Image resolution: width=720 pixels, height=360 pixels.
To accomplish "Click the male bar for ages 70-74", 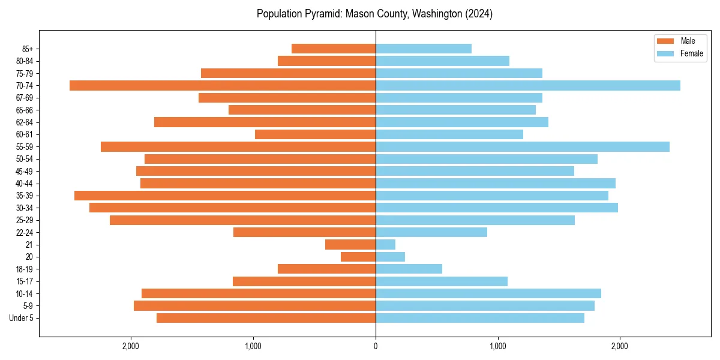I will tap(222, 85).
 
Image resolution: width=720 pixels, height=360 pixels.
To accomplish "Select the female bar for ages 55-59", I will tap(522, 146).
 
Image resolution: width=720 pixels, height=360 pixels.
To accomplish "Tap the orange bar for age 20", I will tap(358, 257).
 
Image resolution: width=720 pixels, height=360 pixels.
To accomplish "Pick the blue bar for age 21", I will tap(385, 244).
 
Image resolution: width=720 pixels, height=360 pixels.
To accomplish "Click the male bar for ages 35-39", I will tap(225, 196).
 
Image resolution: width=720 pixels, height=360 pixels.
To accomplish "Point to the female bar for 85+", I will tap(423, 49).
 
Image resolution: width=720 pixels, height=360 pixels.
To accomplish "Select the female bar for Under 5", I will tap(480, 318).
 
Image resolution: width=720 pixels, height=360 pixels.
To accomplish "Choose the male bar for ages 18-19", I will tap(326, 269).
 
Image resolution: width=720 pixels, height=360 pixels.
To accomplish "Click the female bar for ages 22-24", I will tap(431, 232).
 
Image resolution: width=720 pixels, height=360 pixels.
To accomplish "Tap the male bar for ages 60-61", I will tap(315, 134).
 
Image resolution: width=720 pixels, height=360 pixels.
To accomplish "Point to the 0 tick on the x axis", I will tap(376, 346).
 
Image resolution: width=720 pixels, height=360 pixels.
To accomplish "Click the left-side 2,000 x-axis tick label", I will tap(130, 346).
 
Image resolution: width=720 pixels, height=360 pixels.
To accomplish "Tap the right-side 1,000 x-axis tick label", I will tap(497, 346).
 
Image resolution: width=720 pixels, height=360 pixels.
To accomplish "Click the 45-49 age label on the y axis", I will tap(23, 171).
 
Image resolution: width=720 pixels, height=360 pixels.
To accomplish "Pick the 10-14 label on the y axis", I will tap(23, 293).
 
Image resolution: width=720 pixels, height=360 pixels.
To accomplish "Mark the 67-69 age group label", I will tap(23, 98).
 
